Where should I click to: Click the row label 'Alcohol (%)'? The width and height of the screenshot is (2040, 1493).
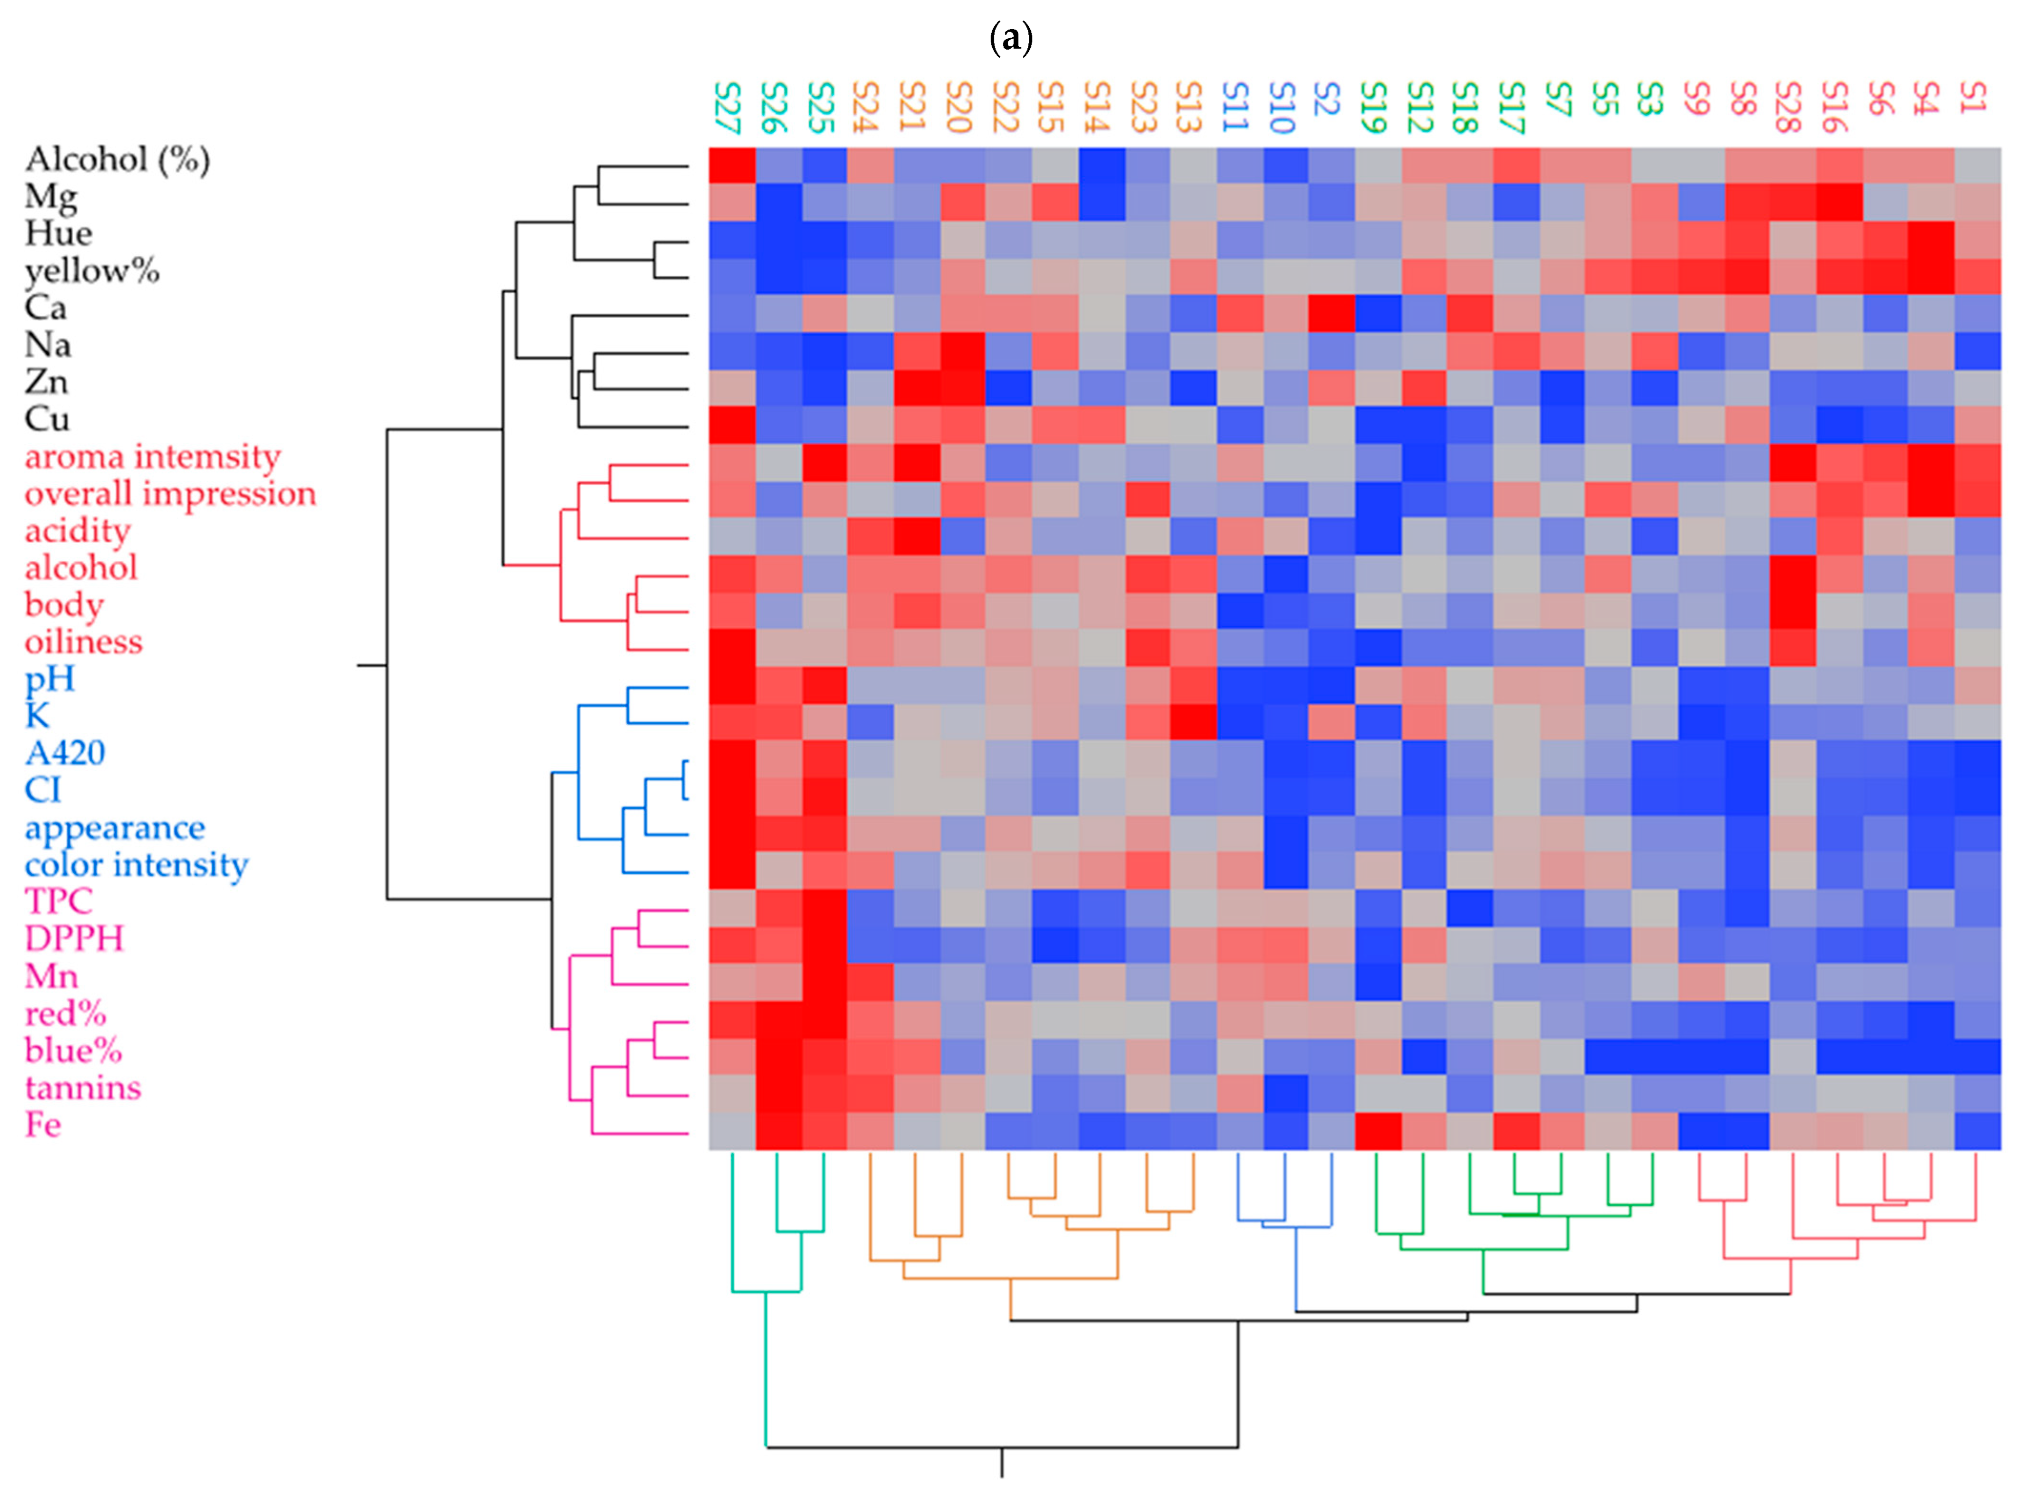117,160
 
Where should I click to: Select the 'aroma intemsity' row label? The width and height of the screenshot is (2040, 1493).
152,457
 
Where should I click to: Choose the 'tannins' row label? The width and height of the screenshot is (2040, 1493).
83,1088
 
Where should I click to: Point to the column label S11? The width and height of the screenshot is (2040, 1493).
1236,106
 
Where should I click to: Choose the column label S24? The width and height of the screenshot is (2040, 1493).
866,106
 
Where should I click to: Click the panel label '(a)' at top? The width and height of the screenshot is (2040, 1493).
1011,38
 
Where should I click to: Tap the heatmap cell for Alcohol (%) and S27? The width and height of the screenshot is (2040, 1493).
732,166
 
